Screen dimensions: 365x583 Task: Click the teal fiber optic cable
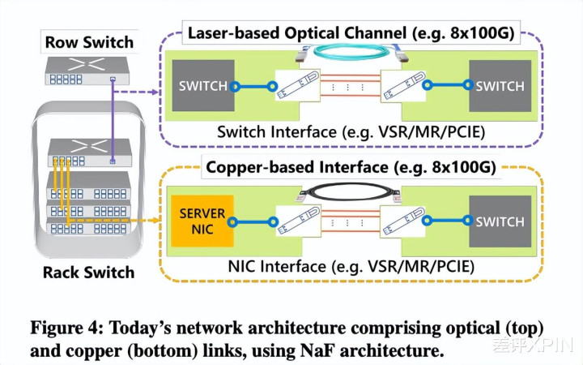348,52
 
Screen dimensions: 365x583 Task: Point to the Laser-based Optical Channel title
351,34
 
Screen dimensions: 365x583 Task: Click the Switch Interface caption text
348,131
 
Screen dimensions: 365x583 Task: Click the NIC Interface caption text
348,265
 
